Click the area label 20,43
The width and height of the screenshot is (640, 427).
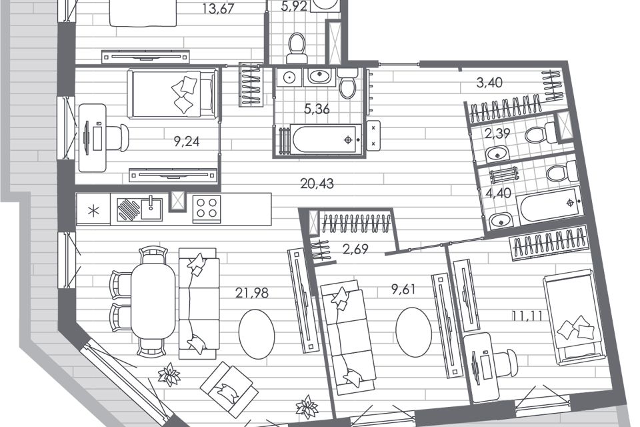pos(317,184)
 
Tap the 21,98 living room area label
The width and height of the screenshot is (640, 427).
pos(252,293)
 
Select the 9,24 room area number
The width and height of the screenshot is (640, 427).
pos(187,141)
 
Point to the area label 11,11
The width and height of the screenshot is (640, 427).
pos(527,316)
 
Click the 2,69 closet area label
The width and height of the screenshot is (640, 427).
pos(355,249)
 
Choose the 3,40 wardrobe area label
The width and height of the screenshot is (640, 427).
pos(489,83)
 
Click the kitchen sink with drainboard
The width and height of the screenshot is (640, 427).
pos(139,209)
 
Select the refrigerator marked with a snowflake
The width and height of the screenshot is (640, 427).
pos(93,209)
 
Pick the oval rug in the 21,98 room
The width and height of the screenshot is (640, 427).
pos(257,334)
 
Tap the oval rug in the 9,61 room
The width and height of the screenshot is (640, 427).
pos(414,332)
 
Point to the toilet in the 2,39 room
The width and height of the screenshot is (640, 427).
pos(537,133)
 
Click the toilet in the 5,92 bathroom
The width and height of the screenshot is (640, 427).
pos(297,47)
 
